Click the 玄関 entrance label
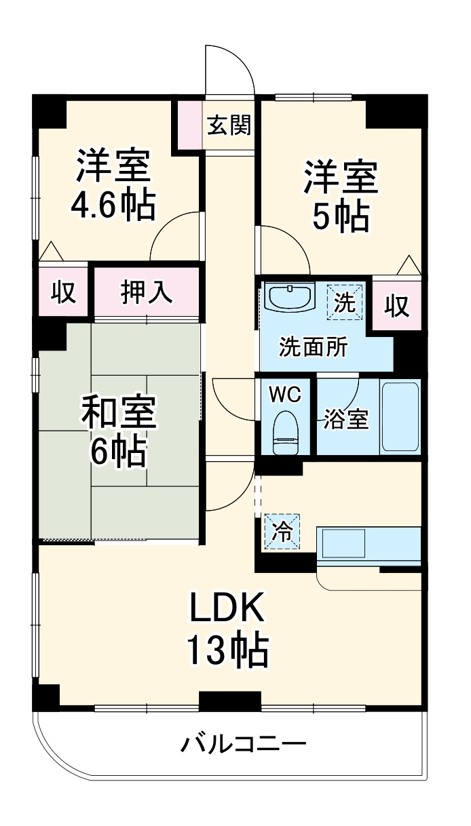[x=229, y=125]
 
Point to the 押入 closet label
[x=146, y=292]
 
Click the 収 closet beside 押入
[x=63, y=293]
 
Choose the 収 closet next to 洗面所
[x=397, y=307]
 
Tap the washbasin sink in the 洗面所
[x=290, y=297]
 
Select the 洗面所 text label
[x=314, y=347]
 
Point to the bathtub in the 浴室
[x=400, y=416]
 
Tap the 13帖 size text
[x=226, y=651]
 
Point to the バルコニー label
[x=243, y=745]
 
